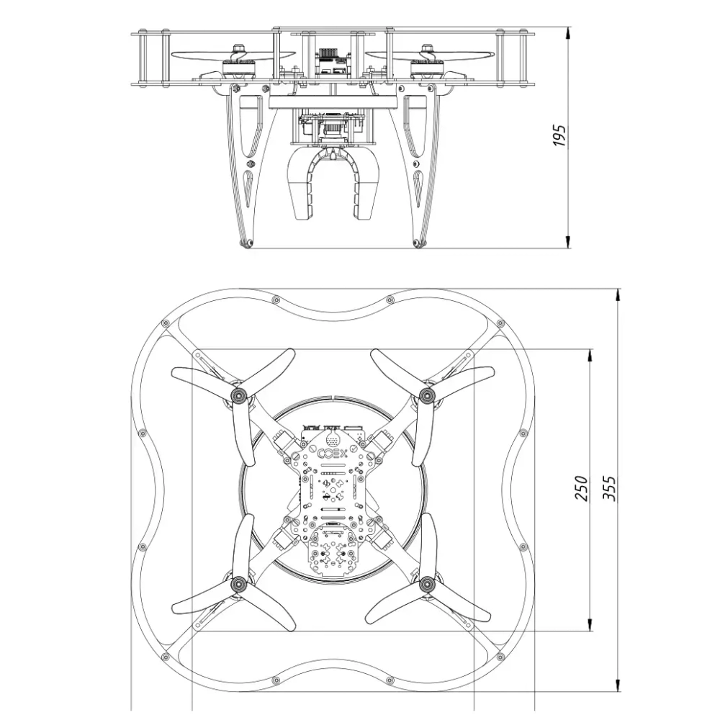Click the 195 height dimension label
pos(559,135)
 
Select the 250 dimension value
pos(581,489)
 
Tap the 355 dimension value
pos(609,489)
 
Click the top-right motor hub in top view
pos(427,395)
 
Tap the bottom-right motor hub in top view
pos(427,584)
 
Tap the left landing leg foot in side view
pos(246,243)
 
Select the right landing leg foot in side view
pos(418,243)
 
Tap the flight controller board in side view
pos(333,61)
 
